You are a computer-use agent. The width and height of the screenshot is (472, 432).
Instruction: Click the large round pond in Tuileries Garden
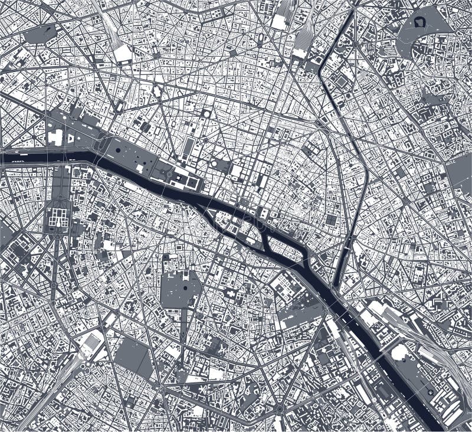(x=118, y=150)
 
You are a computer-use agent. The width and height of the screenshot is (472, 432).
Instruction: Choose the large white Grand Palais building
(x=55, y=138)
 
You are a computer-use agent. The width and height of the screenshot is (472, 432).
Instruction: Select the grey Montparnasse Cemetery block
(x=133, y=358)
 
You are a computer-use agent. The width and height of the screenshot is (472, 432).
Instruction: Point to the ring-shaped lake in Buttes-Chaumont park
(x=421, y=23)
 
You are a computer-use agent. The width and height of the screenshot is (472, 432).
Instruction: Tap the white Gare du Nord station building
(x=278, y=22)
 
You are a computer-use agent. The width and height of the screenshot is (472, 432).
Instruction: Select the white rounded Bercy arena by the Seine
(x=400, y=352)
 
